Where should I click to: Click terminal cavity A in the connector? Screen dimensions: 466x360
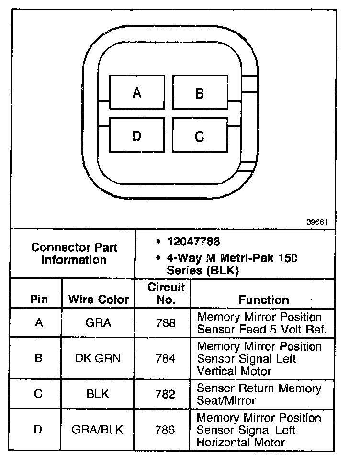tap(137, 92)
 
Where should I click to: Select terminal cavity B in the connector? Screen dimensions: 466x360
tap(200, 93)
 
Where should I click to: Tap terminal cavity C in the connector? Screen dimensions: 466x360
tap(200, 136)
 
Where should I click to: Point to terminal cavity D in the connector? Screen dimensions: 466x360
tap(137, 136)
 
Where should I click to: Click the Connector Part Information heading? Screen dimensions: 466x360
tap(74, 254)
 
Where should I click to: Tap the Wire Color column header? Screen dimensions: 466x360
tap(99, 300)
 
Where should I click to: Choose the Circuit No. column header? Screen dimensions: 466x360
tap(166, 294)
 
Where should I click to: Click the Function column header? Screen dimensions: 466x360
tap(264, 300)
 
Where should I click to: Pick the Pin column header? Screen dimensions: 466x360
tap(39, 300)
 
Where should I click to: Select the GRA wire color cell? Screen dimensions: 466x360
tap(98, 323)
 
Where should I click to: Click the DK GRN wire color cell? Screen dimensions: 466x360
tap(98, 358)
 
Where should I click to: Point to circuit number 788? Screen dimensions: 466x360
tap(166, 323)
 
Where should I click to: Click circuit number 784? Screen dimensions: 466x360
tap(166, 358)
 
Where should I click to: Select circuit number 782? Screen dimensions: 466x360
tap(166, 394)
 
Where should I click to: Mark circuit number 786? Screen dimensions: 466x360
tap(166, 430)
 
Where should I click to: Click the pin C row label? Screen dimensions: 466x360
tap(38, 394)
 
